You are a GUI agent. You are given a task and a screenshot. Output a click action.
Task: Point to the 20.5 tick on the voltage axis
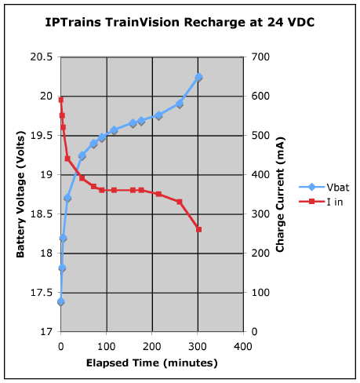tap(42, 57)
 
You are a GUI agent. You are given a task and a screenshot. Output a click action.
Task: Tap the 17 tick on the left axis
tap(47, 332)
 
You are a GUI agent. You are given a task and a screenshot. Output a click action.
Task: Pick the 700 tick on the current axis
tap(259, 57)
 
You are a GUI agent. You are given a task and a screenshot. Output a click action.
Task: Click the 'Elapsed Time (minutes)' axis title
tap(152, 363)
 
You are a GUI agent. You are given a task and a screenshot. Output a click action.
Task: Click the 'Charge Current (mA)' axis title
tap(280, 194)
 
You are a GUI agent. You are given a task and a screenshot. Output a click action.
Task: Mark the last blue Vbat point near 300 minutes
tap(198, 77)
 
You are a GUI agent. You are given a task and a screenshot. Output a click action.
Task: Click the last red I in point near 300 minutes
tap(198, 229)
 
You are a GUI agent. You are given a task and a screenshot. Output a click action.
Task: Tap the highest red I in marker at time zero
tap(61, 100)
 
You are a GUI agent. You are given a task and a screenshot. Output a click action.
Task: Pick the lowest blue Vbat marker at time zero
tap(61, 301)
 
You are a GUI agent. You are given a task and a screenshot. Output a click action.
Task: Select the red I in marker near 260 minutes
tap(180, 202)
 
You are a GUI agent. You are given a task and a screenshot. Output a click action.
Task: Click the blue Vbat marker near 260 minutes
tap(180, 104)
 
